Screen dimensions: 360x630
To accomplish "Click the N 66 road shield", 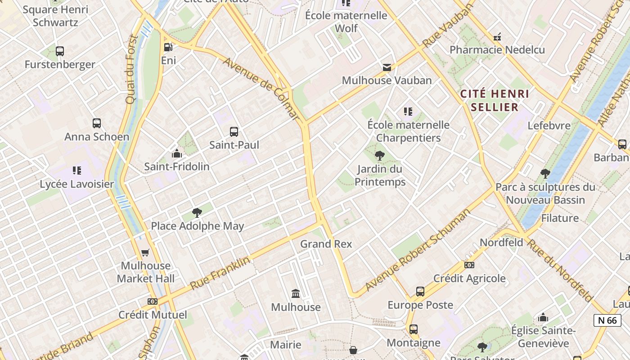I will coord(607,320).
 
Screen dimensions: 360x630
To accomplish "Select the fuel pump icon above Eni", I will coord(168,47).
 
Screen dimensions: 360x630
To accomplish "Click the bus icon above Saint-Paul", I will coord(234,132).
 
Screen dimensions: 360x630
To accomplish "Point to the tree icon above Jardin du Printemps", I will coord(380,156).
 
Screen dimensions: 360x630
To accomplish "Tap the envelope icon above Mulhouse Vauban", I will coord(387,67).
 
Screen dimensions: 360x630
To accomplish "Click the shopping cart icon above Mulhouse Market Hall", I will coord(145,253).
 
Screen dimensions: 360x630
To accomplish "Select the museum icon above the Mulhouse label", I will coord(296,294).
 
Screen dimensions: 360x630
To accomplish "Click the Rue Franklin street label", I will coord(220,273).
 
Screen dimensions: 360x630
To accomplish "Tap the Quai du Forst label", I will coord(131,70).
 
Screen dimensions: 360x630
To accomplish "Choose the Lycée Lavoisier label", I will coord(77,184).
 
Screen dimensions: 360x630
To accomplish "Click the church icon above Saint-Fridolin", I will coord(176,153).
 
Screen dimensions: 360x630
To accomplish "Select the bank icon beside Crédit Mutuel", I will coord(153,301).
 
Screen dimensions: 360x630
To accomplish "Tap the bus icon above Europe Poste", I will coord(420,292).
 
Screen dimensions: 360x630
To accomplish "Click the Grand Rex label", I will coord(326,244).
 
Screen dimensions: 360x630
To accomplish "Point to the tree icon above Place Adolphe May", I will coord(197,213).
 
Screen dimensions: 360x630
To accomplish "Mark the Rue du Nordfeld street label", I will coord(559,270).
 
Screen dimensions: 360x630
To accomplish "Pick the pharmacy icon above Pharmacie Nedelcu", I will coord(497,37).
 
